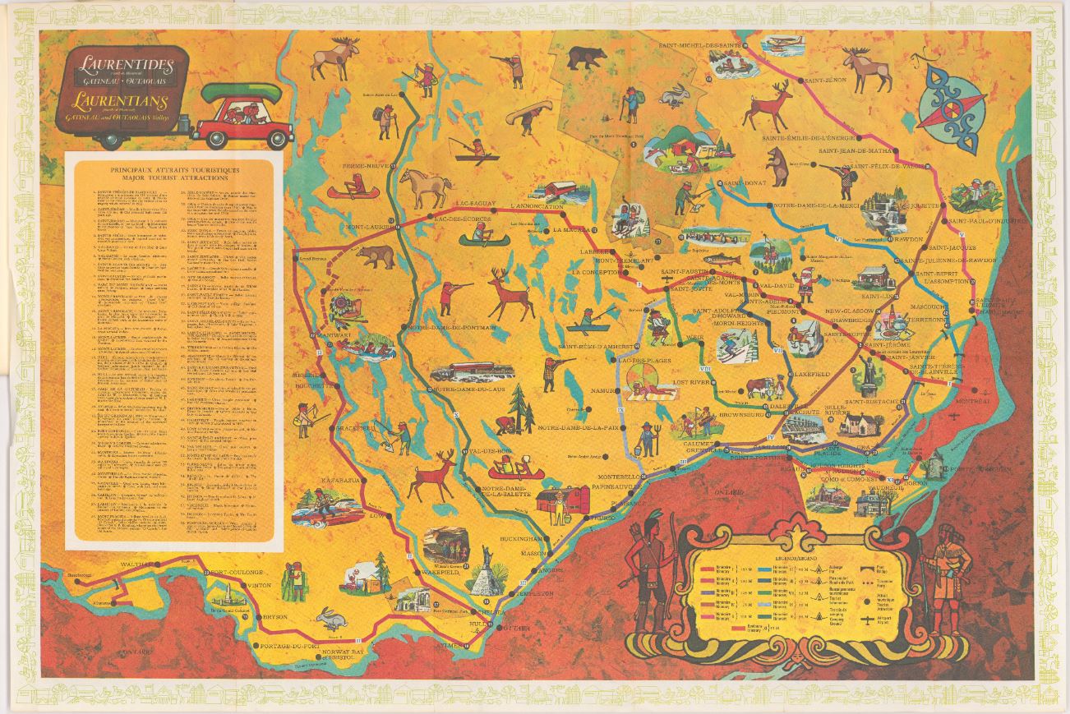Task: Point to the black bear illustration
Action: pos(587,58)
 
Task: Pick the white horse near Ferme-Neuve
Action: pos(425,187)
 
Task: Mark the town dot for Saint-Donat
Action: pos(719,182)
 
